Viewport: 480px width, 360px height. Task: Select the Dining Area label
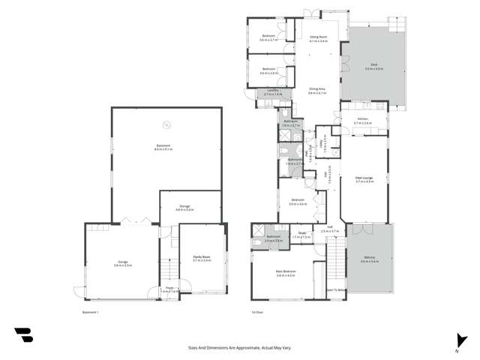(317, 89)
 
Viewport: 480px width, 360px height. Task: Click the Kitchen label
(362, 120)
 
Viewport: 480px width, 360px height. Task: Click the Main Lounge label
(364, 178)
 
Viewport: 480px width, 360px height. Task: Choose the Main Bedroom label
(286, 274)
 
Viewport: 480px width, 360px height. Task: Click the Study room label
(303, 233)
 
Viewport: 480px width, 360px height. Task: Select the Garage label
(122, 262)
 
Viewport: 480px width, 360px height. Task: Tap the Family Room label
(201, 258)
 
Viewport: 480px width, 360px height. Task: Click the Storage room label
(184, 207)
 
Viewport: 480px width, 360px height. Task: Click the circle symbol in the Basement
(167, 125)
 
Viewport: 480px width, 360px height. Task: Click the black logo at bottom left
(23, 334)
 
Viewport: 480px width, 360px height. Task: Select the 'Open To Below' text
(335, 289)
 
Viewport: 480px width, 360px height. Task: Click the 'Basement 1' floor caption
(91, 312)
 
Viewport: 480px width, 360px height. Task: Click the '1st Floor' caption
(259, 312)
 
